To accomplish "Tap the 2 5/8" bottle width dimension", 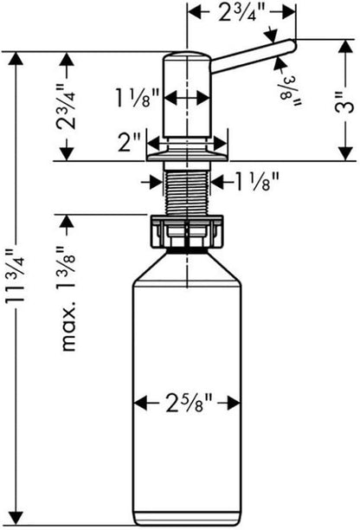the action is point(189,403).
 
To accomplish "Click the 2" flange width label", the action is point(128,142).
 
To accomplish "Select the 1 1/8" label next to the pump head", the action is point(138,98).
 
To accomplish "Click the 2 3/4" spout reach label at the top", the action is point(241,13).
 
